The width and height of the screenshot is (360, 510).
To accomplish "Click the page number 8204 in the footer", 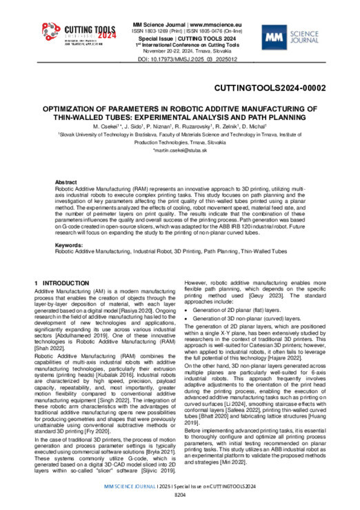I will (x=179, y=496).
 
